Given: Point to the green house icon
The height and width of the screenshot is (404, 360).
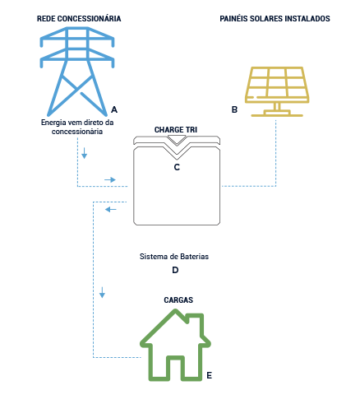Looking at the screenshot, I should coord(174,346).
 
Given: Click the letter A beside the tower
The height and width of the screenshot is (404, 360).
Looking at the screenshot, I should coord(113,109).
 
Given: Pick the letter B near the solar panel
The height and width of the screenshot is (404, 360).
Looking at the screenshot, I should coord(234,109).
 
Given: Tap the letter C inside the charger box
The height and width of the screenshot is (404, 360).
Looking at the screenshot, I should coord(177,167).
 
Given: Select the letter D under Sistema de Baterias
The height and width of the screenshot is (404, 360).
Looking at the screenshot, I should coord(175,270).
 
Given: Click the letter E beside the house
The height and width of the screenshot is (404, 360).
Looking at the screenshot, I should coord(210,375).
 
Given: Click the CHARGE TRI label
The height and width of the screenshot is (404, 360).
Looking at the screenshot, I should coord(176,130).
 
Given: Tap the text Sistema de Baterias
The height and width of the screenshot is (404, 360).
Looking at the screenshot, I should coord(175,257).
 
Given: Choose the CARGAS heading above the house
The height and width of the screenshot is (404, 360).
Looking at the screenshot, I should coord(174,300).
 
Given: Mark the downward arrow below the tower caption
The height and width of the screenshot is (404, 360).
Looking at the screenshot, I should coord(83,154).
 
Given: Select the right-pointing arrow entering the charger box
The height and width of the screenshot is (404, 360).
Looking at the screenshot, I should coord(109,179).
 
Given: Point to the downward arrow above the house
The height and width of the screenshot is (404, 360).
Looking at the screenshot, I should coord(102,293).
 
